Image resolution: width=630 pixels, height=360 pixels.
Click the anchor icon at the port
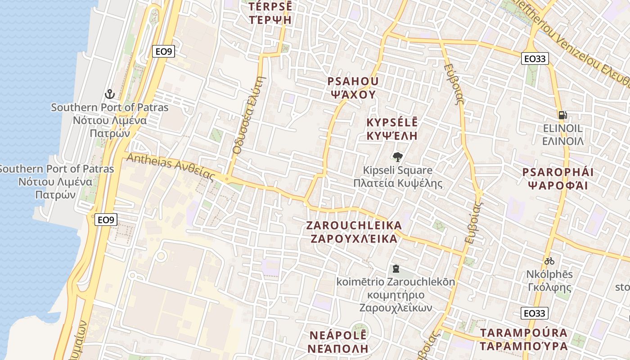(x=109, y=94)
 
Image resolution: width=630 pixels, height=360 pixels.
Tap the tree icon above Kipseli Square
(x=397, y=157)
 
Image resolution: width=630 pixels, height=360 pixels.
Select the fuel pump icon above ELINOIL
(x=562, y=115)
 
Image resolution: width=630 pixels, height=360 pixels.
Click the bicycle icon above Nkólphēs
(x=549, y=261)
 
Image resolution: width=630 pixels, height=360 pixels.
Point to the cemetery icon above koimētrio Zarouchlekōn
(x=396, y=269)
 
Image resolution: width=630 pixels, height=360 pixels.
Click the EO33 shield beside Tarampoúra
(x=535, y=313)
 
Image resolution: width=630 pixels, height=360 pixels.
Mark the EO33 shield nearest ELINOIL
(x=535, y=58)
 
